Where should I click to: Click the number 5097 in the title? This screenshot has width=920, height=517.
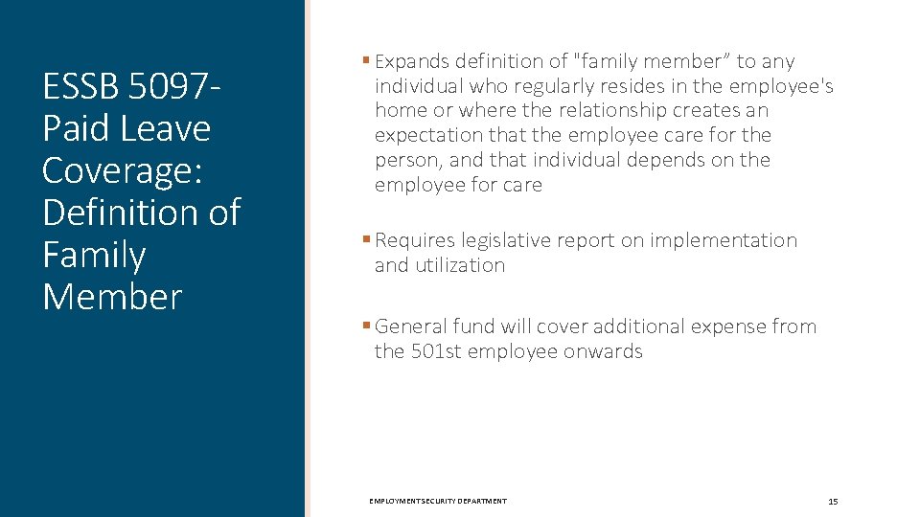click(168, 87)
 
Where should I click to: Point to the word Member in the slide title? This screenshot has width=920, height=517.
click(111, 297)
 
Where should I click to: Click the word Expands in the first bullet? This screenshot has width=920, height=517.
click(413, 61)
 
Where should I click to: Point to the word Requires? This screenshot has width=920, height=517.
click(415, 240)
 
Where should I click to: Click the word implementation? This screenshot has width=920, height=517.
click(724, 240)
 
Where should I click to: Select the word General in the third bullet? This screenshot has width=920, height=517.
click(410, 326)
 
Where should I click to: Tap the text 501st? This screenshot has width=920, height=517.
click(437, 351)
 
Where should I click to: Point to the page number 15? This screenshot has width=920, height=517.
click(832, 501)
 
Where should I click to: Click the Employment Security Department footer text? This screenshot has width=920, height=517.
click(438, 501)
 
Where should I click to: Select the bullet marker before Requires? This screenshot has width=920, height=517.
click(366, 239)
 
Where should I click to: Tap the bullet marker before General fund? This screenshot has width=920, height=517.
click(366, 326)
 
